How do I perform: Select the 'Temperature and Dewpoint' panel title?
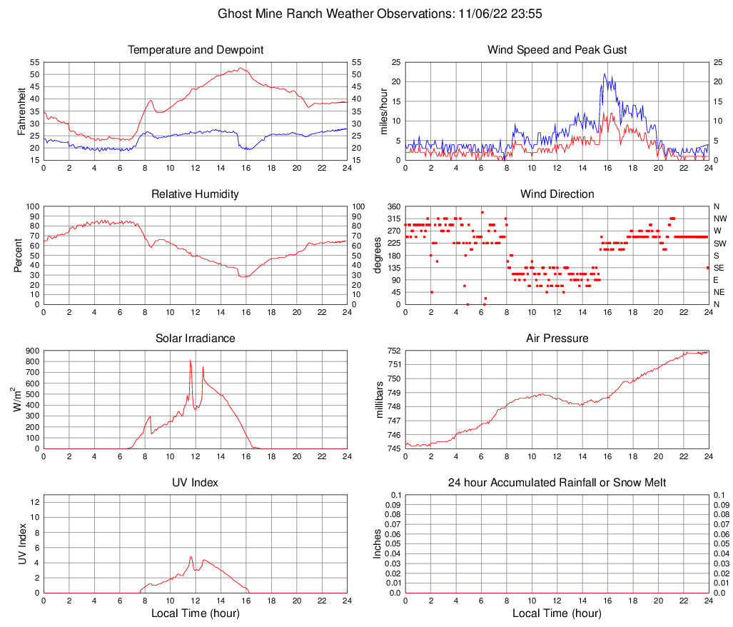point(196,50)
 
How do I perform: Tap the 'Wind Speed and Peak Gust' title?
point(557,50)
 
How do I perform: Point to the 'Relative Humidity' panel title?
point(196,194)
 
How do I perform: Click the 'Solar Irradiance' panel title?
point(196,338)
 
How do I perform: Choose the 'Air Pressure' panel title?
point(557,338)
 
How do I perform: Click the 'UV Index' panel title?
point(196,483)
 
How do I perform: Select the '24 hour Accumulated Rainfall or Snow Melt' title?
point(557,483)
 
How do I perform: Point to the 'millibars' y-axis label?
point(379,399)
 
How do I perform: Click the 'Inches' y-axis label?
point(378,543)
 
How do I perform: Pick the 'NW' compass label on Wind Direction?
point(721,219)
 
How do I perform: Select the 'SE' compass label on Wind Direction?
point(720,268)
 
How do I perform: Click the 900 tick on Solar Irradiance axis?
point(32,351)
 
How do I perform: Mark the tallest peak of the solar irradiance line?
point(191,360)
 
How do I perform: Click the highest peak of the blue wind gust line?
point(605,74)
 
